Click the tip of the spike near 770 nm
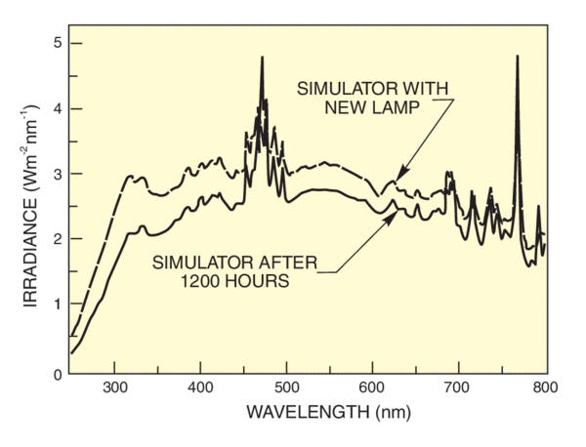[517, 57]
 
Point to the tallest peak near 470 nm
[262, 58]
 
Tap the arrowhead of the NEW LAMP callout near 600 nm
[395, 181]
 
